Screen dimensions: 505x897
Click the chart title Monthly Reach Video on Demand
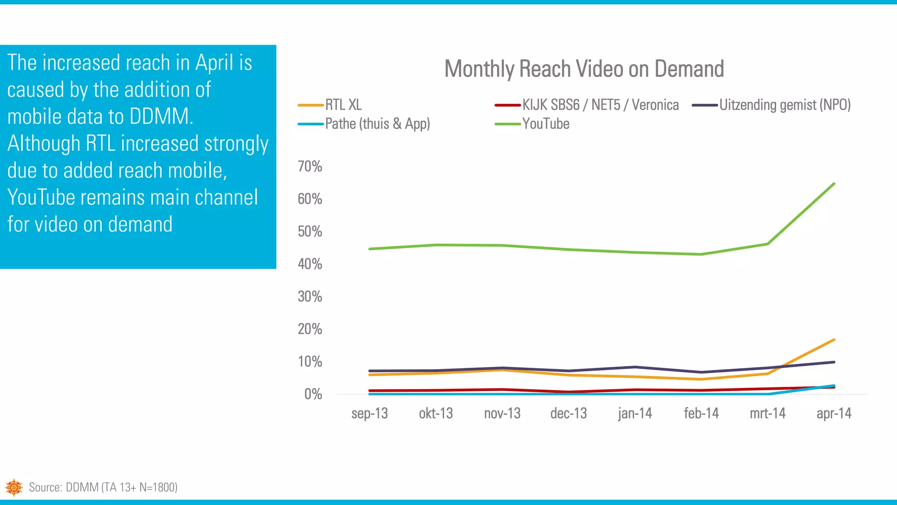coord(584,69)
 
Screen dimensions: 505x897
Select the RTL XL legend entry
coord(343,105)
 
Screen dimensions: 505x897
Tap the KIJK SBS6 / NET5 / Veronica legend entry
coord(600,105)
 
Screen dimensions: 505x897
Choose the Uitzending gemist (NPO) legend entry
coord(784,105)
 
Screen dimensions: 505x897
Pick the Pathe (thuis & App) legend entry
coord(377,124)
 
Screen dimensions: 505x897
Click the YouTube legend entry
coord(545,124)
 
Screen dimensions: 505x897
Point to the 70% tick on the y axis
coord(310,167)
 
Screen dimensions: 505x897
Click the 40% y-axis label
coord(310,264)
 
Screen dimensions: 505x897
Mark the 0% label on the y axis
coord(313,394)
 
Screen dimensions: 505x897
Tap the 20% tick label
coord(310,329)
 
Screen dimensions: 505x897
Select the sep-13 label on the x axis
coord(370,413)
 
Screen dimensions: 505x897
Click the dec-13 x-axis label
coord(569,413)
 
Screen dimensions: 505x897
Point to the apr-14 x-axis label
coord(834,413)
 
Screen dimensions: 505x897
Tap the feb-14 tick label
coord(701,413)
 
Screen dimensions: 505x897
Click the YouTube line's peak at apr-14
coord(833,184)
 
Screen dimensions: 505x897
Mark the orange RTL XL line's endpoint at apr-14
coord(833,340)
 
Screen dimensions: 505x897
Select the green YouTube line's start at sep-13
coord(370,249)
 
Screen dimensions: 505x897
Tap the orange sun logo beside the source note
coord(14,487)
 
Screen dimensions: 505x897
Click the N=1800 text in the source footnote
coord(158,487)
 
